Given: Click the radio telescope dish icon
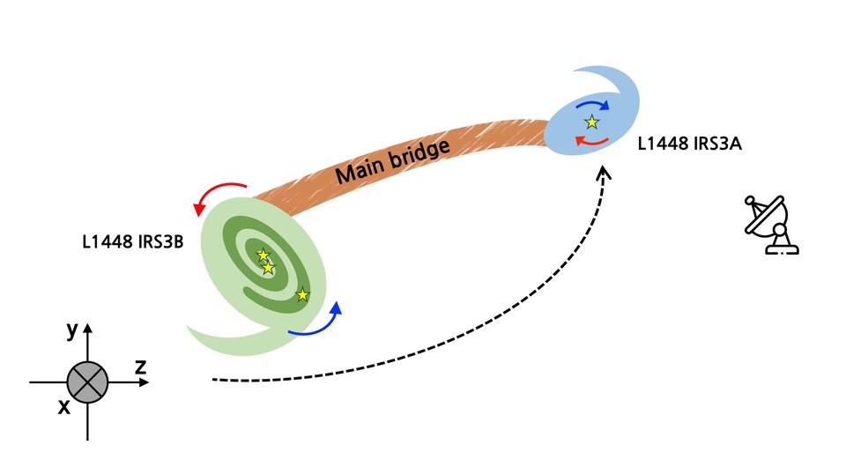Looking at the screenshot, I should click(x=770, y=226).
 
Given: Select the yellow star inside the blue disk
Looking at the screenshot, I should click(x=592, y=122).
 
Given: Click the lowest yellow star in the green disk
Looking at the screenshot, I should click(x=302, y=294).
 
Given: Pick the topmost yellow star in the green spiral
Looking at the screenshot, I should click(x=263, y=256).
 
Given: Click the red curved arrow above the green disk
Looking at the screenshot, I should click(x=220, y=193).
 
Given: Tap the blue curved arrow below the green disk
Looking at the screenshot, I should click(x=317, y=322).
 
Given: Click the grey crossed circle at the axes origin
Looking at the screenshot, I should click(x=87, y=382).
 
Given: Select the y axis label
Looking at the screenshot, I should click(x=71, y=330).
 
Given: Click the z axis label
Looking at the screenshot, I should click(x=140, y=367).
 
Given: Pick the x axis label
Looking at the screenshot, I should click(x=63, y=407).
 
